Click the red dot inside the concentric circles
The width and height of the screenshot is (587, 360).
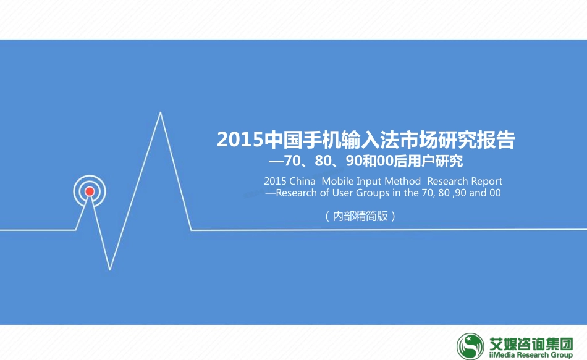pos(90,191)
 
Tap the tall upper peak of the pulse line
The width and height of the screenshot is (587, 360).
pos(161,114)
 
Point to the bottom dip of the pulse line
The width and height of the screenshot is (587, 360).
pos(110,268)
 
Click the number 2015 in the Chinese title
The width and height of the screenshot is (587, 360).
pos(240,140)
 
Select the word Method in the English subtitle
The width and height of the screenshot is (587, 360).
pos(402,181)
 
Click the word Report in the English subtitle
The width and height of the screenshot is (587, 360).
pos(486,181)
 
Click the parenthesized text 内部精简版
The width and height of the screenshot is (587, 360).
pos(360,216)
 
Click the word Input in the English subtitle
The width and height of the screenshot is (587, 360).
pos(370,181)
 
